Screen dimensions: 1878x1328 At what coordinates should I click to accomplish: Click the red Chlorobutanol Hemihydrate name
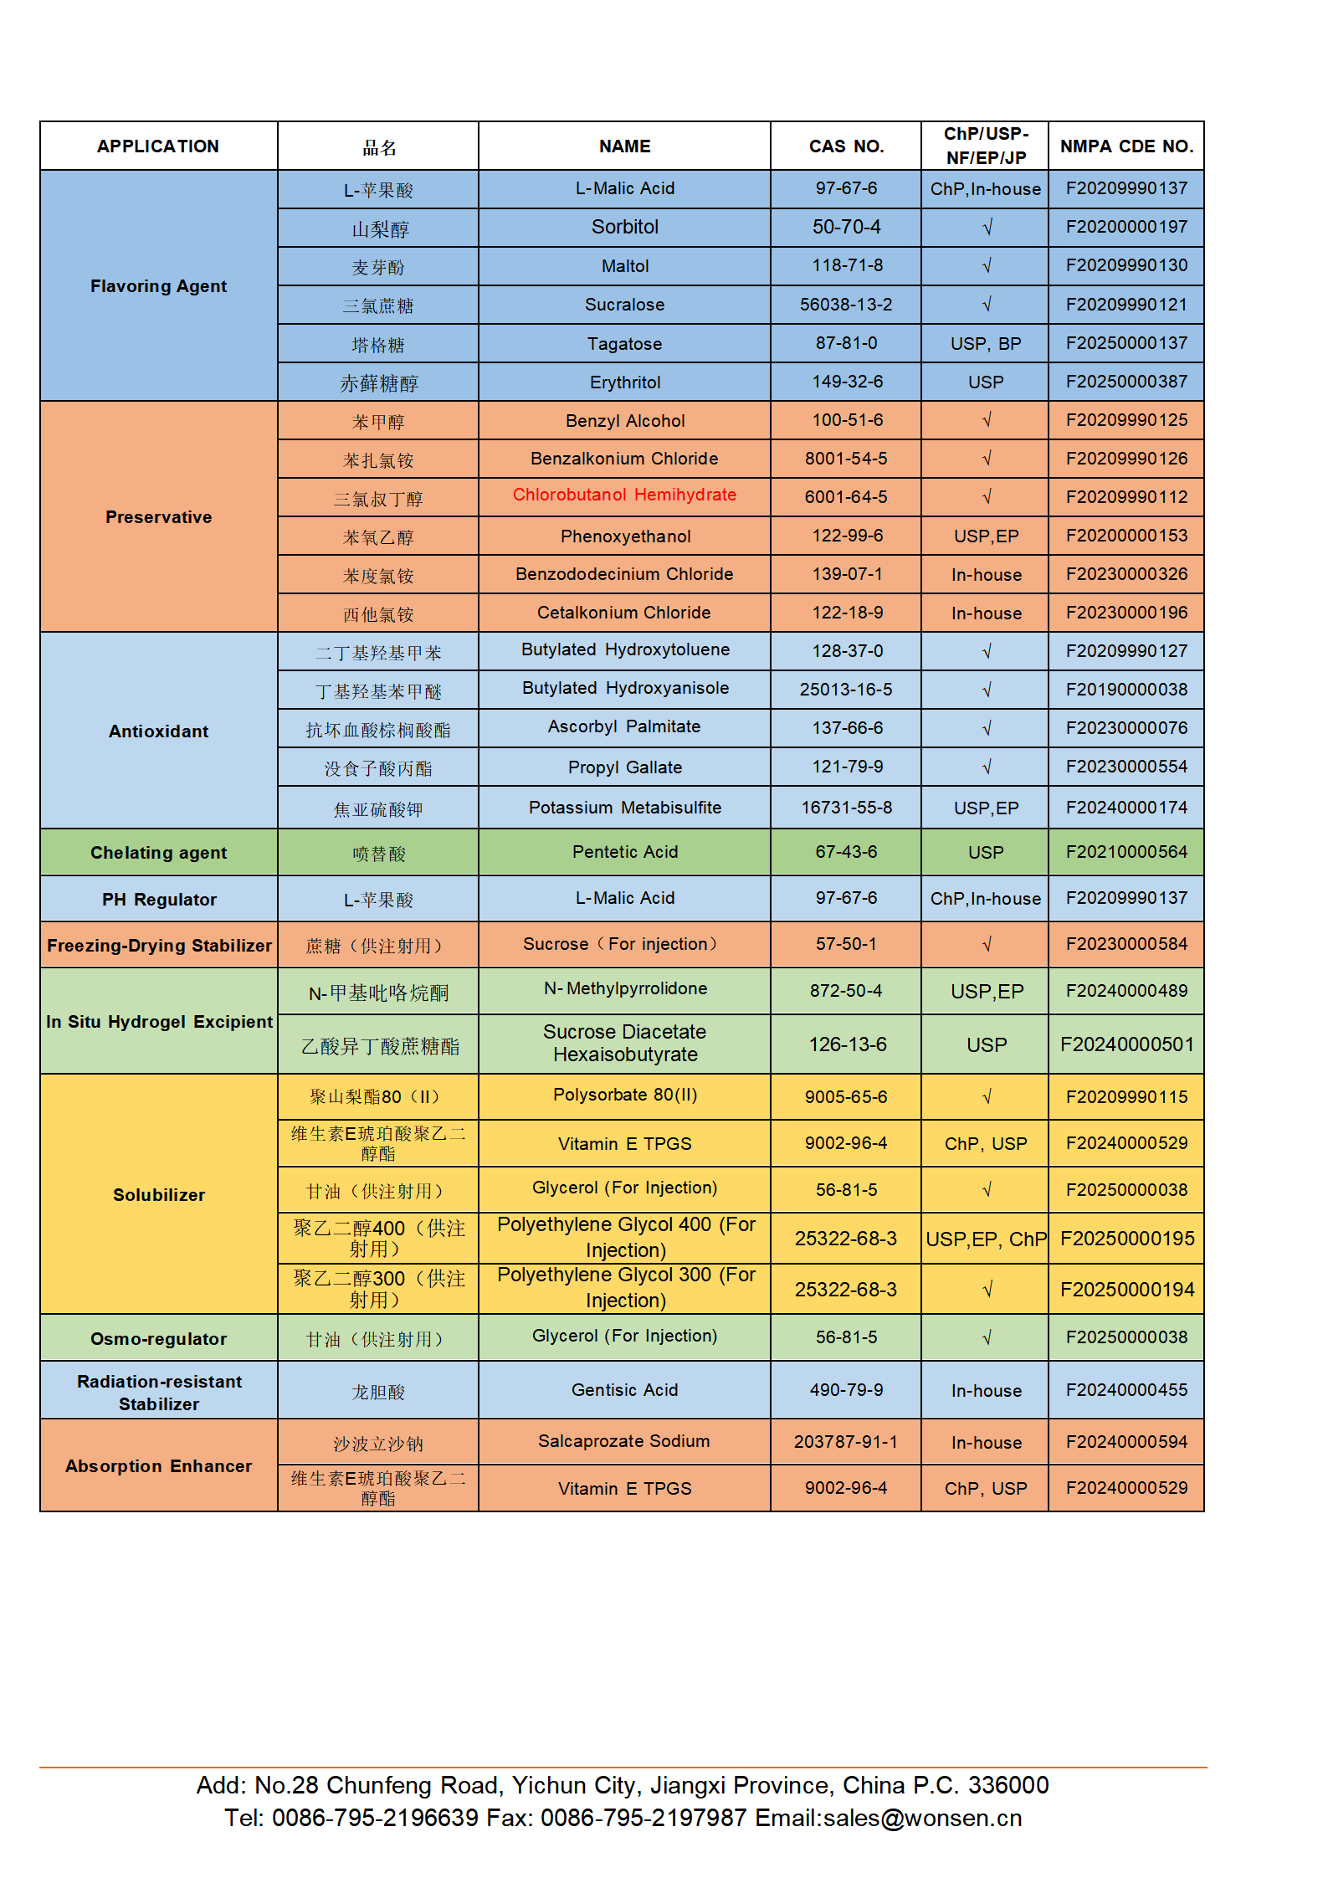(624, 495)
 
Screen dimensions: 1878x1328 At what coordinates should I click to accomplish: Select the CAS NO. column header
(846, 146)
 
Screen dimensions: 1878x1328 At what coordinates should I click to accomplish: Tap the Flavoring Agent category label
(158, 286)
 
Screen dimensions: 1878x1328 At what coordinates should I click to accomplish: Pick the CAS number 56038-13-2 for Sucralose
(846, 305)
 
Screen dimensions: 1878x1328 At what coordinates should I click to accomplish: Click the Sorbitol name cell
(624, 227)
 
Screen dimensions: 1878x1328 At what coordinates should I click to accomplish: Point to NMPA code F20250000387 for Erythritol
(1126, 382)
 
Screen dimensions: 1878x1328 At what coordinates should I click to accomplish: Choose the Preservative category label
(158, 517)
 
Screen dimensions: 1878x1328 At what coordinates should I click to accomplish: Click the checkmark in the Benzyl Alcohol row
(987, 420)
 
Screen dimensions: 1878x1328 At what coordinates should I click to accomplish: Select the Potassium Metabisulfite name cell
(624, 808)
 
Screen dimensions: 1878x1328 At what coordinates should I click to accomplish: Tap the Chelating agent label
(158, 853)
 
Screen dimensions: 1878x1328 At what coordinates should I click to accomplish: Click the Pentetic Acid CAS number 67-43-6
(846, 852)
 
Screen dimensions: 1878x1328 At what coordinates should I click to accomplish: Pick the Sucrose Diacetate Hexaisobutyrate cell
(624, 1043)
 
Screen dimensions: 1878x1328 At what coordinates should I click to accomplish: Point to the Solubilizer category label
(158, 1195)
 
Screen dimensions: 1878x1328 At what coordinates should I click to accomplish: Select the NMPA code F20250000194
(1126, 1290)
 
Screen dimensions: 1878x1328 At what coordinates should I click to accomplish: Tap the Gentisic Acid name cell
(624, 1390)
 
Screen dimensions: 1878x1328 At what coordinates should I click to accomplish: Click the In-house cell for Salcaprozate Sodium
(987, 1443)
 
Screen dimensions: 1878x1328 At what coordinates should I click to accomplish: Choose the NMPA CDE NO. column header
(1126, 146)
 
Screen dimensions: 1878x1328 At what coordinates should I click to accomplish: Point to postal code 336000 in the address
(1008, 1785)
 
